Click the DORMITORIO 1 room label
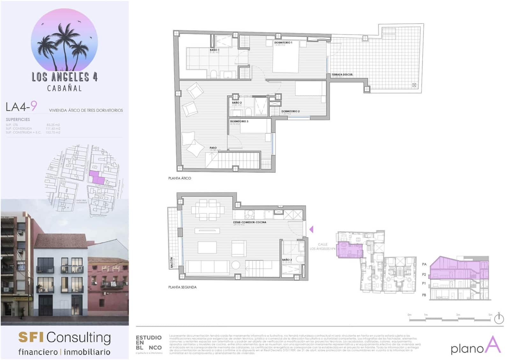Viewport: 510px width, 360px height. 283,42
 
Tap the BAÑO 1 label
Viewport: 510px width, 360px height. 214,50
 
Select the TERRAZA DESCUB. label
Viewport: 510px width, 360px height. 342,75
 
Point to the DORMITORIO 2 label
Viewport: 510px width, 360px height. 290,111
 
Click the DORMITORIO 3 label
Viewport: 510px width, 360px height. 239,121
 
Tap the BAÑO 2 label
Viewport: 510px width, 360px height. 237,103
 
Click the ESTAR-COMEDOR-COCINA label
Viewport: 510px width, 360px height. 250,222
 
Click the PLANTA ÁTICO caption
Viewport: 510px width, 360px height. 179,178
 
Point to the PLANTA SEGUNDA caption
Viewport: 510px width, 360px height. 182,287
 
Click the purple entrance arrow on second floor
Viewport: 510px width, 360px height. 311,229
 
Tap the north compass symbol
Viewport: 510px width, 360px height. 499,318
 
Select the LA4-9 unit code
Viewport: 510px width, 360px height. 21,106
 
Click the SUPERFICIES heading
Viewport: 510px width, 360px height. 18,119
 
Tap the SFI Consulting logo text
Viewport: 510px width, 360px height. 65,337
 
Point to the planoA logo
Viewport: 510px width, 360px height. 476,346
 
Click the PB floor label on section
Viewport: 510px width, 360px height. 424,295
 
